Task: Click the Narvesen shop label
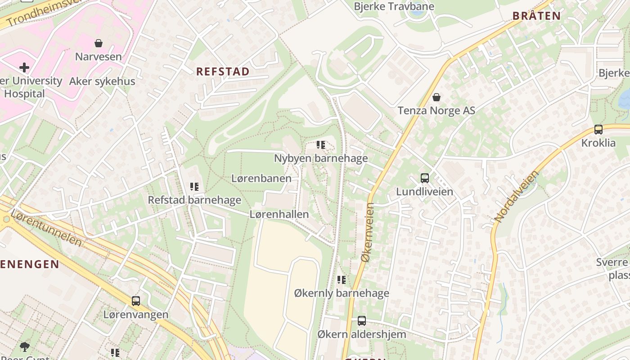pos(98,57)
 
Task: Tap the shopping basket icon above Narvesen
pos(99,43)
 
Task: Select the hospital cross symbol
pos(24,67)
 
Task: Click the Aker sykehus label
pos(102,81)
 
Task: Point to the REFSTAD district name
pos(223,72)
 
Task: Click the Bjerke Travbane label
pos(394,6)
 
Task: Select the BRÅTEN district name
pos(536,16)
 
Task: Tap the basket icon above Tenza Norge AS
pos(436,97)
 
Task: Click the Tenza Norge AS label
pos(436,110)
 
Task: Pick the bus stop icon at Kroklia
pos(598,130)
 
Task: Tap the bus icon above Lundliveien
pos(424,178)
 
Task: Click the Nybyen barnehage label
pos(321,158)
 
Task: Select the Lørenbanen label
pos(261,178)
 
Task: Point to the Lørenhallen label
pos(279,214)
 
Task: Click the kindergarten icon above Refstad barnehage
pos(194,186)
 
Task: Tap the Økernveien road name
pos(368,233)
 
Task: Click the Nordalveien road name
pos(516,196)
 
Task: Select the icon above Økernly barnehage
pos(342,280)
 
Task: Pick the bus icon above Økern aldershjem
pos(361,321)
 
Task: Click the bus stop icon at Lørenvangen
pos(135,301)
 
